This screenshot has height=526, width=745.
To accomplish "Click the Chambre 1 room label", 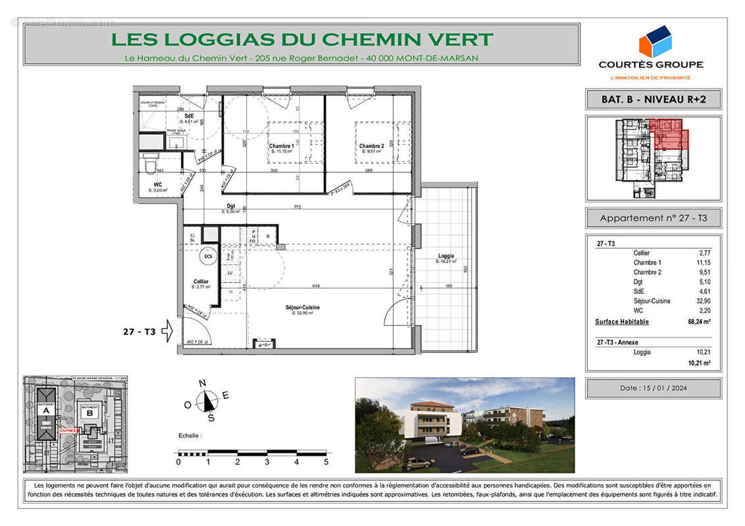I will coord(281,146).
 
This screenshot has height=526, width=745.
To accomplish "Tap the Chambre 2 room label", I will coord(371,146).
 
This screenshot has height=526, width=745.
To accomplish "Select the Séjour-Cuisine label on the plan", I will coord(303,308).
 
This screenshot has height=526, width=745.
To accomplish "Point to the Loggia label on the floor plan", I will coord(446,256).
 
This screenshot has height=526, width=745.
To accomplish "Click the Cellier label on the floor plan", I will coord(200,281).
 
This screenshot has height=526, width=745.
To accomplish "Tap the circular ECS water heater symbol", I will coord(208,257).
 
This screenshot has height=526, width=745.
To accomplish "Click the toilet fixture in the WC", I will coord(150,162).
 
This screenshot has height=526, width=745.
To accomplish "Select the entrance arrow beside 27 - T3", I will coord(167,331).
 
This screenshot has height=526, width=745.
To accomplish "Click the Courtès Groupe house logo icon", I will coord(654,42).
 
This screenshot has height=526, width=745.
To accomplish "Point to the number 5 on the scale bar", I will coord(326,462).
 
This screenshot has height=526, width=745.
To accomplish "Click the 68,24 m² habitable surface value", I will coord(700,322).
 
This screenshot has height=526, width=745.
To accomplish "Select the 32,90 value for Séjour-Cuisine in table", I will coord(703,301).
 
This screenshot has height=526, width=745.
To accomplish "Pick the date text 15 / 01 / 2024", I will coord(653,388).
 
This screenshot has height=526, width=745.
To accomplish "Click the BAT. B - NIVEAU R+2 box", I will coord(653,99).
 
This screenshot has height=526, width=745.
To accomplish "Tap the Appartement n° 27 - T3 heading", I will coord(653,218).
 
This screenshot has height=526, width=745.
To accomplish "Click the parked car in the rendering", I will coord(417,463).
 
